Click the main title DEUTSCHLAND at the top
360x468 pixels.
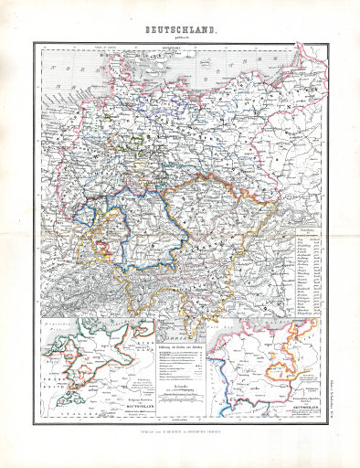click(x=180, y=30)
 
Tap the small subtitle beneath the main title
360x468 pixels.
click(x=180, y=38)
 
